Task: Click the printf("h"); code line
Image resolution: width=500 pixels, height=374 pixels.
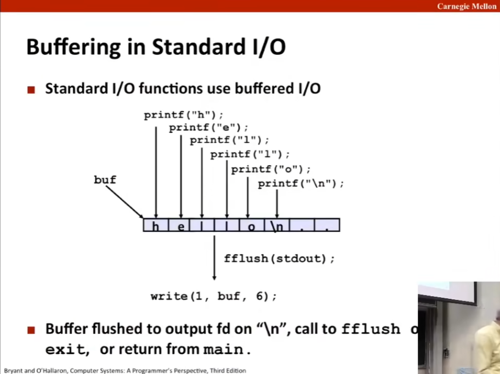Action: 184,115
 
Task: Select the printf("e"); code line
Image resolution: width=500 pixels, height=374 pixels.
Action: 209,128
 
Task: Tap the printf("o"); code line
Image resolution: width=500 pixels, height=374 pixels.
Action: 271,169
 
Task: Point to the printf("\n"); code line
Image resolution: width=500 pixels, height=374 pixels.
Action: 301,184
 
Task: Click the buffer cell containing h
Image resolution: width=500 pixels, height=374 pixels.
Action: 156,225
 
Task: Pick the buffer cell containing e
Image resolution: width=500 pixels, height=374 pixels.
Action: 181,225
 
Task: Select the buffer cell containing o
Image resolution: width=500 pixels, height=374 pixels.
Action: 251,225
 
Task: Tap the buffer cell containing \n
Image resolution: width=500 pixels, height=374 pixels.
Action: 276,225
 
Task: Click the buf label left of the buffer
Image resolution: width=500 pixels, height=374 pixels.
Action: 105,180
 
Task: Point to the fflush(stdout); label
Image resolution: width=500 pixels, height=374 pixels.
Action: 279,258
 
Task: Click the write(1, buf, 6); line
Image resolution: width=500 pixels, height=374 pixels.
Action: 214,297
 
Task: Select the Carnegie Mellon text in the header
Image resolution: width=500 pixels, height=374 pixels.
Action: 467,6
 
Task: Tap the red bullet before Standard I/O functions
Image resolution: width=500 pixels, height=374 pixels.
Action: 32,89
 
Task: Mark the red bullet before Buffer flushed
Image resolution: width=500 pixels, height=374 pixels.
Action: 32,330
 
